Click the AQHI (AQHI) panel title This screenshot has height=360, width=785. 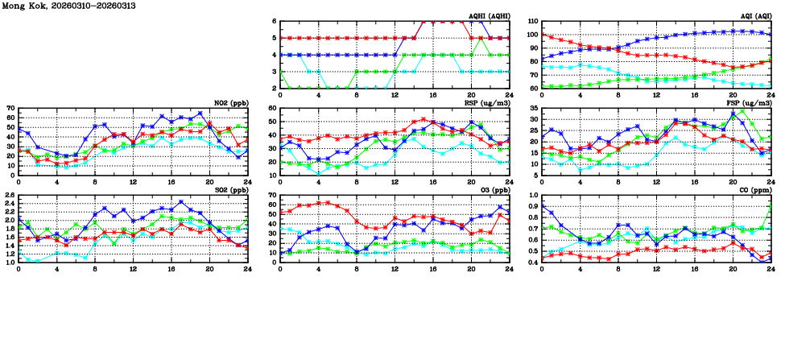click(x=488, y=15)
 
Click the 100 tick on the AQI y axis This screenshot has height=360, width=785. click(x=532, y=35)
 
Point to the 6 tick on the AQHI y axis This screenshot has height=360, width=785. click(x=274, y=22)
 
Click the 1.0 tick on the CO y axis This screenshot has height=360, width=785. click(x=532, y=195)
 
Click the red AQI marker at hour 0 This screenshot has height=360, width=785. click(x=542, y=35)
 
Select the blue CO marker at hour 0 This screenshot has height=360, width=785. click(x=542, y=206)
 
